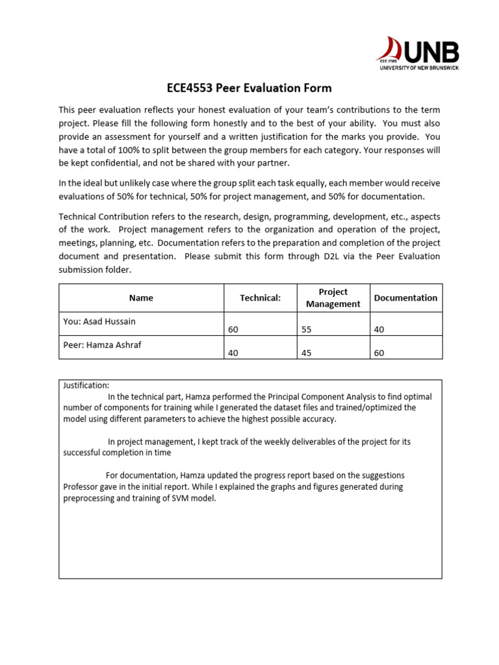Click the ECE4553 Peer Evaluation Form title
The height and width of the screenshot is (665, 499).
[x=249, y=88]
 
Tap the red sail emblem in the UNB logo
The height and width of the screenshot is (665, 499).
[x=391, y=50]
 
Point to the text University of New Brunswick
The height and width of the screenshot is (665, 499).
[x=419, y=68]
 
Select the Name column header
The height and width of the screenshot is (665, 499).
[x=141, y=298]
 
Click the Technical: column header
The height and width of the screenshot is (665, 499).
[x=260, y=298]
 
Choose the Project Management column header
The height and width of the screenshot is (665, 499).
[x=333, y=298]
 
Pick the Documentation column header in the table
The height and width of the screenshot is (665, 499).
[x=405, y=298]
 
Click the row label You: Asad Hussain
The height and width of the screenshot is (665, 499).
[x=99, y=321]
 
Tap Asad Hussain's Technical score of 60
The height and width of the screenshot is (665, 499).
[x=234, y=330]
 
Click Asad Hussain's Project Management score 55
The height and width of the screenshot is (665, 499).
[x=307, y=330]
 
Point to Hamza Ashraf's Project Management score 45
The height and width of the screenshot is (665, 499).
[x=307, y=353]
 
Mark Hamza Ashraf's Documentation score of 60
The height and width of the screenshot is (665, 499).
[x=379, y=353]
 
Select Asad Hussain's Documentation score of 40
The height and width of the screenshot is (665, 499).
[x=379, y=330]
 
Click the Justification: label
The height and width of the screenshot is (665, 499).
[x=86, y=385]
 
